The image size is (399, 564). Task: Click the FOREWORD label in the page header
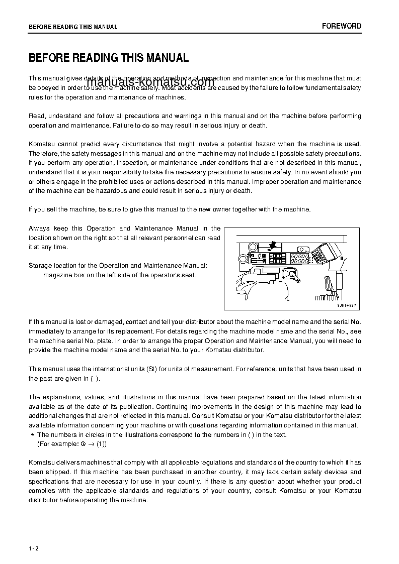(342, 26)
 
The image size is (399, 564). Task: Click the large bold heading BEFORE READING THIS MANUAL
(109, 58)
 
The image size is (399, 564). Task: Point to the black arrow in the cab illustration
(272, 245)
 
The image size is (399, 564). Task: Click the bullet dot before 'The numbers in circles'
(32, 435)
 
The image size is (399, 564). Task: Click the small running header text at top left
(73, 27)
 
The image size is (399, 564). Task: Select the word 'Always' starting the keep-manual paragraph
(39, 229)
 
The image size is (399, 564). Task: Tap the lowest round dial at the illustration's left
(242, 259)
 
